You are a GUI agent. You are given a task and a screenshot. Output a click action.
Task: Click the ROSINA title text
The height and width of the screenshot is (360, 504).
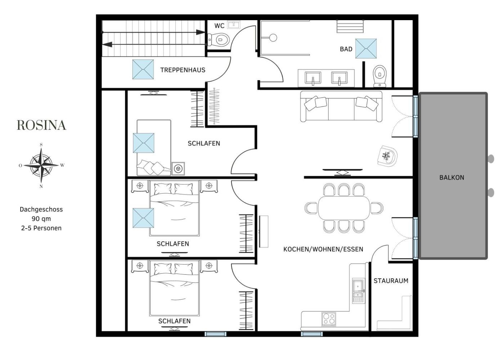pyautogui.click(x=42, y=125)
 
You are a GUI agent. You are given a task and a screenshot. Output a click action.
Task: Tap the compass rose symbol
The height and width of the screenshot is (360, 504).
pyautogui.click(x=41, y=165)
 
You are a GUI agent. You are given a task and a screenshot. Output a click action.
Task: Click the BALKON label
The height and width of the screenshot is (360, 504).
pyautogui.click(x=452, y=177)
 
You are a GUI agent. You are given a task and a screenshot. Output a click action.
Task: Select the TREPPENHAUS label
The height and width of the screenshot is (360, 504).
pyautogui.click(x=183, y=70)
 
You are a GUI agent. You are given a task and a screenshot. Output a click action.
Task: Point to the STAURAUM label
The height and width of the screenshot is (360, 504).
pyautogui.click(x=391, y=281)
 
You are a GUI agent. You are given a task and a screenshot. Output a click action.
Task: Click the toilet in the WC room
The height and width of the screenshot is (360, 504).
pyautogui.click(x=218, y=40)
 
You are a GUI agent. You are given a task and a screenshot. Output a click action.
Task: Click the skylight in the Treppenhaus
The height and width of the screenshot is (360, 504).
pyautogui.click(x=143, y=69)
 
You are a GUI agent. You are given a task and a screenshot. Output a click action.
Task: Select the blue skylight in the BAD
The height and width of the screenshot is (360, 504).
pyautogui.click(x=366, y=49)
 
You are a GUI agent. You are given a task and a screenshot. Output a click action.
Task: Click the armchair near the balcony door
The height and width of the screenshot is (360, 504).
pyautogui.click(x=387, y=156)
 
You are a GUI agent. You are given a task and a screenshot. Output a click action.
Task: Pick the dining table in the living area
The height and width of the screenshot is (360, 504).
pyautogui.click(x=344, y=208)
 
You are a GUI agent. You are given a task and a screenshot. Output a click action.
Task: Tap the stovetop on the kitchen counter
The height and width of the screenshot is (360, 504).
pyautogui.click(x=329, y=319)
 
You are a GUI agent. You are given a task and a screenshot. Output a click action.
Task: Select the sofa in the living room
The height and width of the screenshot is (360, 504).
pyautogui.click(x=341, y=107)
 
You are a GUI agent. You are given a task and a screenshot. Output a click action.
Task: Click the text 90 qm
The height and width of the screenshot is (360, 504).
pyautogui.click(x=41, y=219)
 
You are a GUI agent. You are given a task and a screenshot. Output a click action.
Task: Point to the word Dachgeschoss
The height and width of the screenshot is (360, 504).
pyautogui.click(x=41, y=210)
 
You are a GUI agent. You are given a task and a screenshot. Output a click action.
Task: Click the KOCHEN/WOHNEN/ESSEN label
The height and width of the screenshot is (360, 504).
pyautogui.click(x=323, y=249)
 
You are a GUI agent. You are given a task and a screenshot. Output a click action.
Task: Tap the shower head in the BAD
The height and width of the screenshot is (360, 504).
pyautogui.click(x=273, y=37)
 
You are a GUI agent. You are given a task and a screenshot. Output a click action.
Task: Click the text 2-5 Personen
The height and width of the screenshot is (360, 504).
pyautogui.click(x=41, y=228)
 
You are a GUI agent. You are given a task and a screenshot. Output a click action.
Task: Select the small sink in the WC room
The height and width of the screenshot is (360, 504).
pyautogui.click(x=234, y=25)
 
